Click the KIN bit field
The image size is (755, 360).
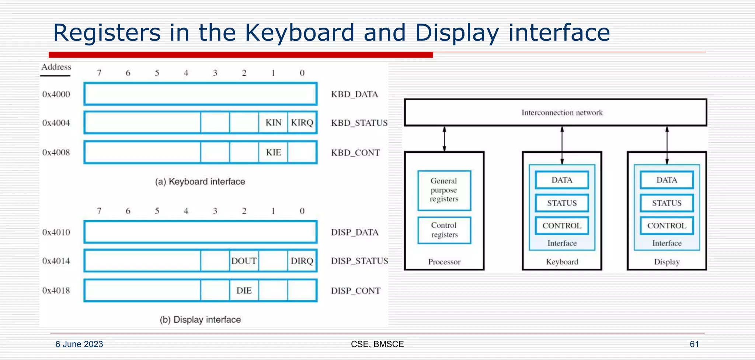(x=273, y=122)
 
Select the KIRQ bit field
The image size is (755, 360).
(x=302, y=122)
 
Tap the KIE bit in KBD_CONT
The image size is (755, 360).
(x=273, y=152)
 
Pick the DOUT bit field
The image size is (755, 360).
(x=244, y=261)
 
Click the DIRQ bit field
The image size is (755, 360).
(x=302, y=261)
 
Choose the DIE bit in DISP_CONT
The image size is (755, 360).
(x=244, y=290)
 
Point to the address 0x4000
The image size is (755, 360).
(x=56, y=94)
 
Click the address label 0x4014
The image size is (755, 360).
(x=56, y=261)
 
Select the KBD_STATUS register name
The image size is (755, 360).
(x=359, y=123)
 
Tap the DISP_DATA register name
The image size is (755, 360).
(x=355, y=232)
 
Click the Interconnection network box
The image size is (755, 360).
(x=555, y=112)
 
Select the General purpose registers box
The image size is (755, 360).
(x=444, y=190)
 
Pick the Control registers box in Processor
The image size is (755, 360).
(x=444, y=230)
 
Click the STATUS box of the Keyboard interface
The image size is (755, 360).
(x=562, y=203)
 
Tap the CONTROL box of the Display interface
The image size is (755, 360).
(x=667, y=226)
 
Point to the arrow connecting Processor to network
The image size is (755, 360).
(x=445, y=139)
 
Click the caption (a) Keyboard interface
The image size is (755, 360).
(x=200, y=181)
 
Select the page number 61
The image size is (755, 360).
(x=694, y=344)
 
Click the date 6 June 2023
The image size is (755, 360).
(x=79, y=344)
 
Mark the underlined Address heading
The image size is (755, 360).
(x=56, y=67)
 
